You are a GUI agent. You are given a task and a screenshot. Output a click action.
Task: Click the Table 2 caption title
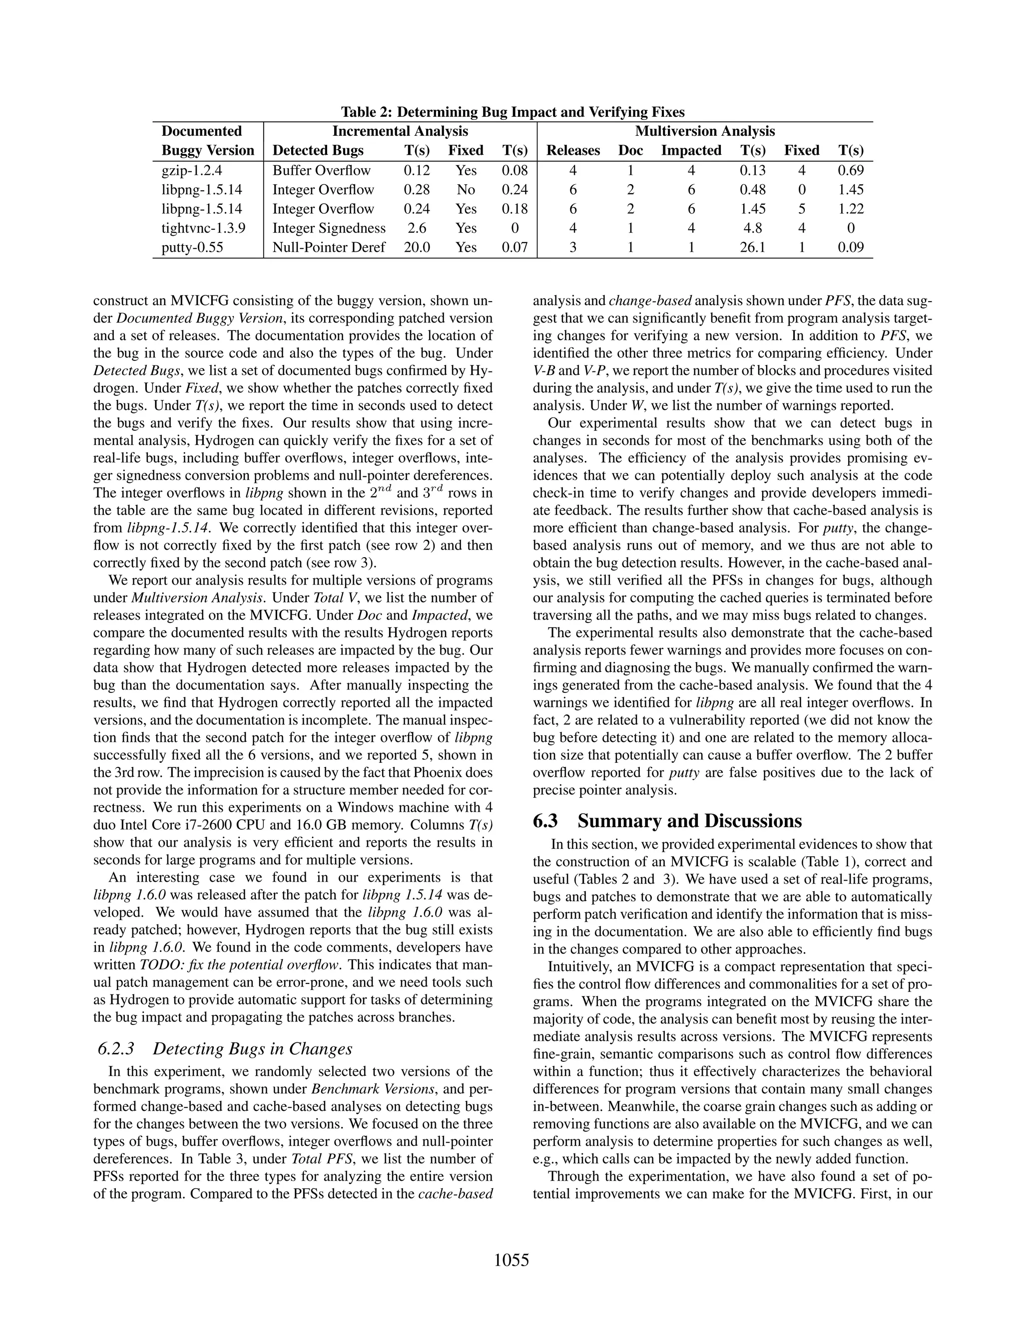(512, 112)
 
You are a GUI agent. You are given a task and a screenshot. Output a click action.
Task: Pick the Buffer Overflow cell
(321, 170)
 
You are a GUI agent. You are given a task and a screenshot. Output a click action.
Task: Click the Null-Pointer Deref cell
(329, 247)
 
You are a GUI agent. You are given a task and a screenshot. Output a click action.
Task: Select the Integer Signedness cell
(329, 228)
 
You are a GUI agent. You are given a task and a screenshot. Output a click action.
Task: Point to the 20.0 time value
(417, 247)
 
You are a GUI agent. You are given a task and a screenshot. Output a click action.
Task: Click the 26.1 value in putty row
(752, 247)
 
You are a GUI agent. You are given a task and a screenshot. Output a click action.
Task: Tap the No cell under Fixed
(466, 190)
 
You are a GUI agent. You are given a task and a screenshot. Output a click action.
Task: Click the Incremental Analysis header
(400, 131)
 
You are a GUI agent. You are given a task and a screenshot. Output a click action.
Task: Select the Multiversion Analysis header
(705, 131)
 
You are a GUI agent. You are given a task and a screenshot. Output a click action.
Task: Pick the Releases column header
(573, 150)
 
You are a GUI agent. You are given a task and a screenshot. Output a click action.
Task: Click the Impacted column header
(691, 150)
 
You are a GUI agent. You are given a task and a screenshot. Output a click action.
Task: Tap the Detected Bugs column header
(318, 150)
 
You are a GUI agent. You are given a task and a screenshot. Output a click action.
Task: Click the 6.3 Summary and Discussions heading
(667, 821)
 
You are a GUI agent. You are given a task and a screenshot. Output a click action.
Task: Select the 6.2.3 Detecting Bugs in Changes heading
(225, 1048)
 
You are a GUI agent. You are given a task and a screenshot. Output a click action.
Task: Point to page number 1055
(511, 1260)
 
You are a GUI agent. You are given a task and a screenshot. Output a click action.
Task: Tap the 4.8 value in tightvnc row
(752, 228)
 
